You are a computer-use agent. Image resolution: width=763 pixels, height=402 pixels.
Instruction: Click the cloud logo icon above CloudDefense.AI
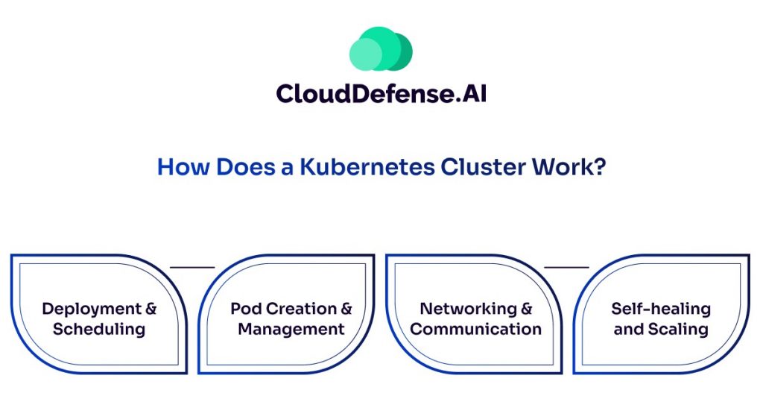click(x=381, y=49)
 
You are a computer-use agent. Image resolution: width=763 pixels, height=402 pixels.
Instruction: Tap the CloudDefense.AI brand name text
click(x=381, y=93)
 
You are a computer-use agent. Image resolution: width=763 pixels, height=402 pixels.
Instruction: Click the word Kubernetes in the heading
click(x=367, y=166)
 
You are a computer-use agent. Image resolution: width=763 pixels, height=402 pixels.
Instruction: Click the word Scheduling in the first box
click(x=99, y=329)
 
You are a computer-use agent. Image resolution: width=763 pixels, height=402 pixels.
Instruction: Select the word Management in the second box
click(x=291, y=329)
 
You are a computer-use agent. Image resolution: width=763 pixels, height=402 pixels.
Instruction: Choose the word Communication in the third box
click(x=476, y=329)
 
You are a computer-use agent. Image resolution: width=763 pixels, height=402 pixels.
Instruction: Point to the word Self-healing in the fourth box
click(x=661, y=309)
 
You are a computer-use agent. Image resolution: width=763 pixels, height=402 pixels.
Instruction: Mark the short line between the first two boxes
click(x=192, y=266)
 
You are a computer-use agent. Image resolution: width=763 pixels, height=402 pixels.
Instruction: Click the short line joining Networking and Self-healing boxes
click(x=566, y=266)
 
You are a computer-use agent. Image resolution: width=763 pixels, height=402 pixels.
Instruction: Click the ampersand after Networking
click(x=527, y=309)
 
